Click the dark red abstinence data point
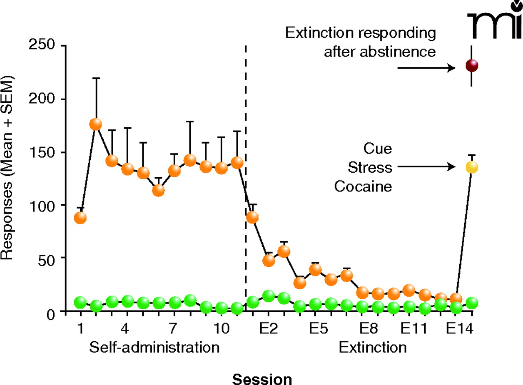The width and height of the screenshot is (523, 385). point(472,66)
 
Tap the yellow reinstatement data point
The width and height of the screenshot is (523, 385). point(472,167)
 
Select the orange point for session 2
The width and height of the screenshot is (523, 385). point(96,124)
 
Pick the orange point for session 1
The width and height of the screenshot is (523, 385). point(80,218)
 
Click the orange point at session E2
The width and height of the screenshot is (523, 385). point(268,260)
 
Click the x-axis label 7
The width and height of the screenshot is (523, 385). point(174,329)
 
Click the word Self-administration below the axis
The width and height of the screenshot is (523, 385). point(154,348)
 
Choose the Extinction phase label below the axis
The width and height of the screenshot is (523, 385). point(373,348)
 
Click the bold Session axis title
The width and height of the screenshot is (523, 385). point(262,379)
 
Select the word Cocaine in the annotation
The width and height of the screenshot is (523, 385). point(363,187)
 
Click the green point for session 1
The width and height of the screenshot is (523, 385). point(80,303)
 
